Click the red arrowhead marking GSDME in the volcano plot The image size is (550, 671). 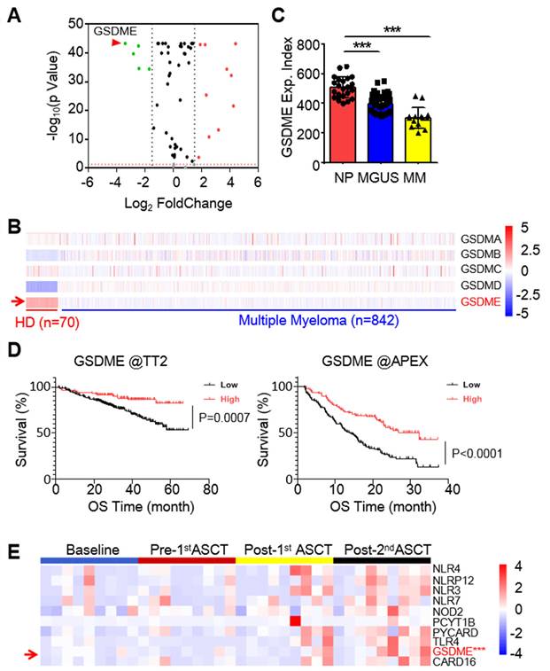click(115, 43)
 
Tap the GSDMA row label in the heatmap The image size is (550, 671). click(481, 239)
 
